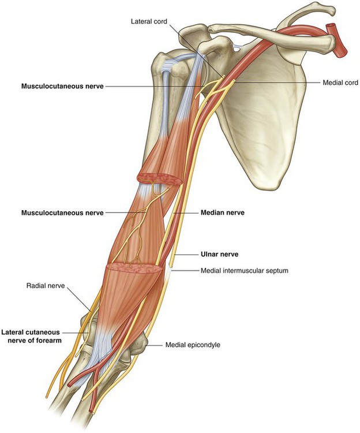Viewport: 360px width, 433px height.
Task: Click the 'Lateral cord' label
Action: click(x=149, y=21)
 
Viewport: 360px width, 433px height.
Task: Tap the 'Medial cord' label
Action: click(x=340, y=83)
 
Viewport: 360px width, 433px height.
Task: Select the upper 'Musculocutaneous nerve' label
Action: click(x=63, y=86)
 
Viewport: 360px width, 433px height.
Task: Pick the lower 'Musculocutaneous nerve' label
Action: click(x=63, y=212)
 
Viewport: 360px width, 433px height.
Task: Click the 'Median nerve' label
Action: click(x=222, y=212)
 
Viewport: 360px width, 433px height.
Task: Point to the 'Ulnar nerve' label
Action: click(x=219, y=254)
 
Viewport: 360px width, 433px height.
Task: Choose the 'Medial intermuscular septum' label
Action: click(x=245, y=270)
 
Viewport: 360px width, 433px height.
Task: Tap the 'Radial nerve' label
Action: click(x=46, y=285)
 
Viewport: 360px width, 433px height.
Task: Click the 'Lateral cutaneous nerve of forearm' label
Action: click(x=31, y=336)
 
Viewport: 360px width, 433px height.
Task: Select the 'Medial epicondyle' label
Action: click(x=193, y=345)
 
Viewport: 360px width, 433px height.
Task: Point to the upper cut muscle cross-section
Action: click(x=160, y=179)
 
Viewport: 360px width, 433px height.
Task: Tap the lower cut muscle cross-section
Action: click(x=134, y=268)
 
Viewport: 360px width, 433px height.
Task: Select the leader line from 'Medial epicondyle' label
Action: click(x=155, y=345)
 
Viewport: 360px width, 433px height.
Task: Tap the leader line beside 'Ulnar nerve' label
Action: click(x=186, y=254)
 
